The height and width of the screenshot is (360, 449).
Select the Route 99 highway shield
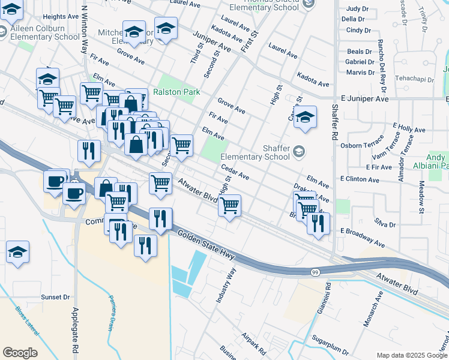(x=315, y=273)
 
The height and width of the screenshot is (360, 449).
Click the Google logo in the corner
(x=20, y=353)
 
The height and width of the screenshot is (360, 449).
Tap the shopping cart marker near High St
(x=229, y=206)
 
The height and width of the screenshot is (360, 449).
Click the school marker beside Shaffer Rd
(x=306, y=118)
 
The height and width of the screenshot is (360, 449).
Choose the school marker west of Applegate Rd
(x=18, y=253)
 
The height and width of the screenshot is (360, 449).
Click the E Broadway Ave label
(x=363, y=238)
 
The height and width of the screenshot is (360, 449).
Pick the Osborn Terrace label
(x=366, y=145)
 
